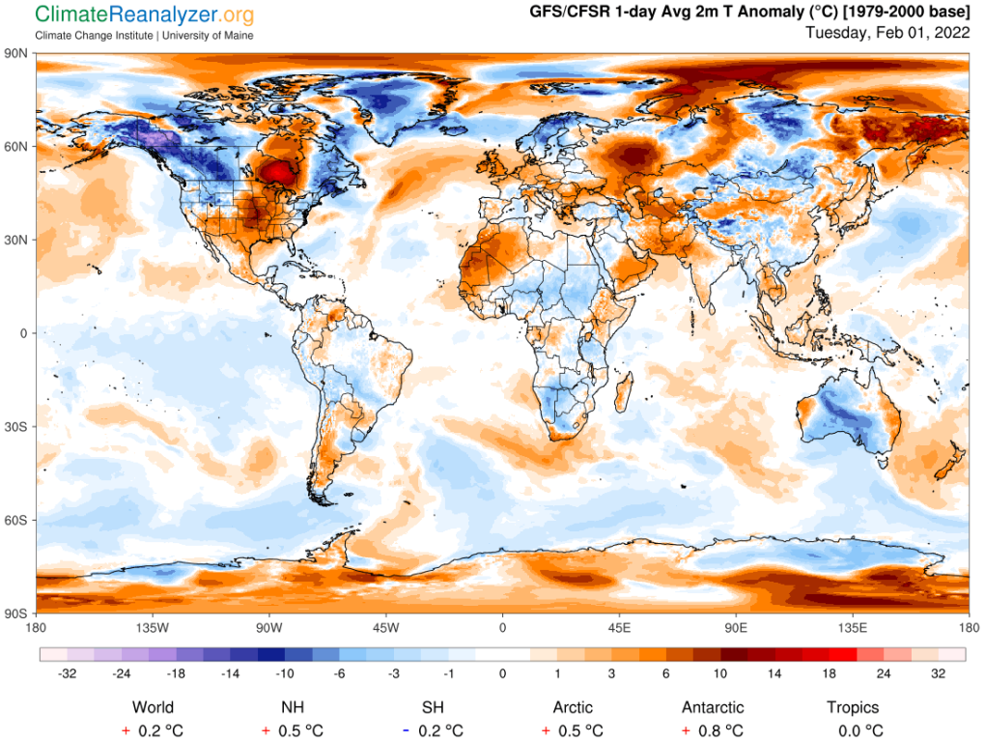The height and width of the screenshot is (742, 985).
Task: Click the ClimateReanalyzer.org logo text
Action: coord(145,15)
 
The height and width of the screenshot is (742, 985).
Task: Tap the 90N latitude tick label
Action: coord(18,54)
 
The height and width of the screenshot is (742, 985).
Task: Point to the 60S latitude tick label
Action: coord(18,521)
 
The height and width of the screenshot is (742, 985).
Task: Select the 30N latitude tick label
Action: coord(18,240)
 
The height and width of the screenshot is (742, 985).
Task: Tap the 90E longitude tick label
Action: coord(736,627)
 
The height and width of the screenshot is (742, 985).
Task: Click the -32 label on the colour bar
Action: coord(67,674)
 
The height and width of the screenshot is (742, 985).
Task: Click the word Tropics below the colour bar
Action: coord(854,707)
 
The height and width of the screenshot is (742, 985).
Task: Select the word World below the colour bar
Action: coord(153,707)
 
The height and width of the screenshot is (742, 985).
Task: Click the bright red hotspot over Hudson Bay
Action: coord(281,172)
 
